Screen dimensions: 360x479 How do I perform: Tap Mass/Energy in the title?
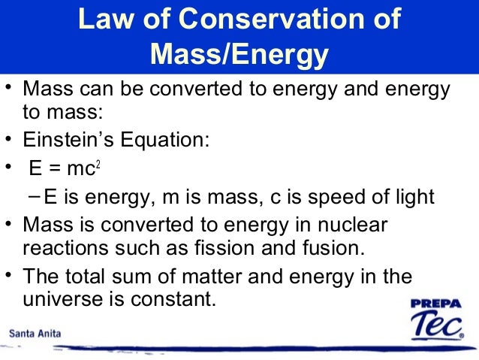coord(239,54)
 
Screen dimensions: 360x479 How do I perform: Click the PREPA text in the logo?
coord(438,304)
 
